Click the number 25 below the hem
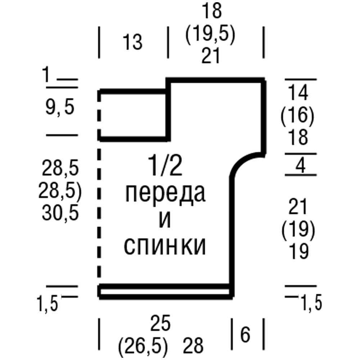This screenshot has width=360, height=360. (160, 325)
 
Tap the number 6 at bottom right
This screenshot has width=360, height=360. (245, 336)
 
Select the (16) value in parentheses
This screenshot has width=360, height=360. (297, 116)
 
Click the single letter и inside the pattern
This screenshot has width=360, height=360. (165, 220)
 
